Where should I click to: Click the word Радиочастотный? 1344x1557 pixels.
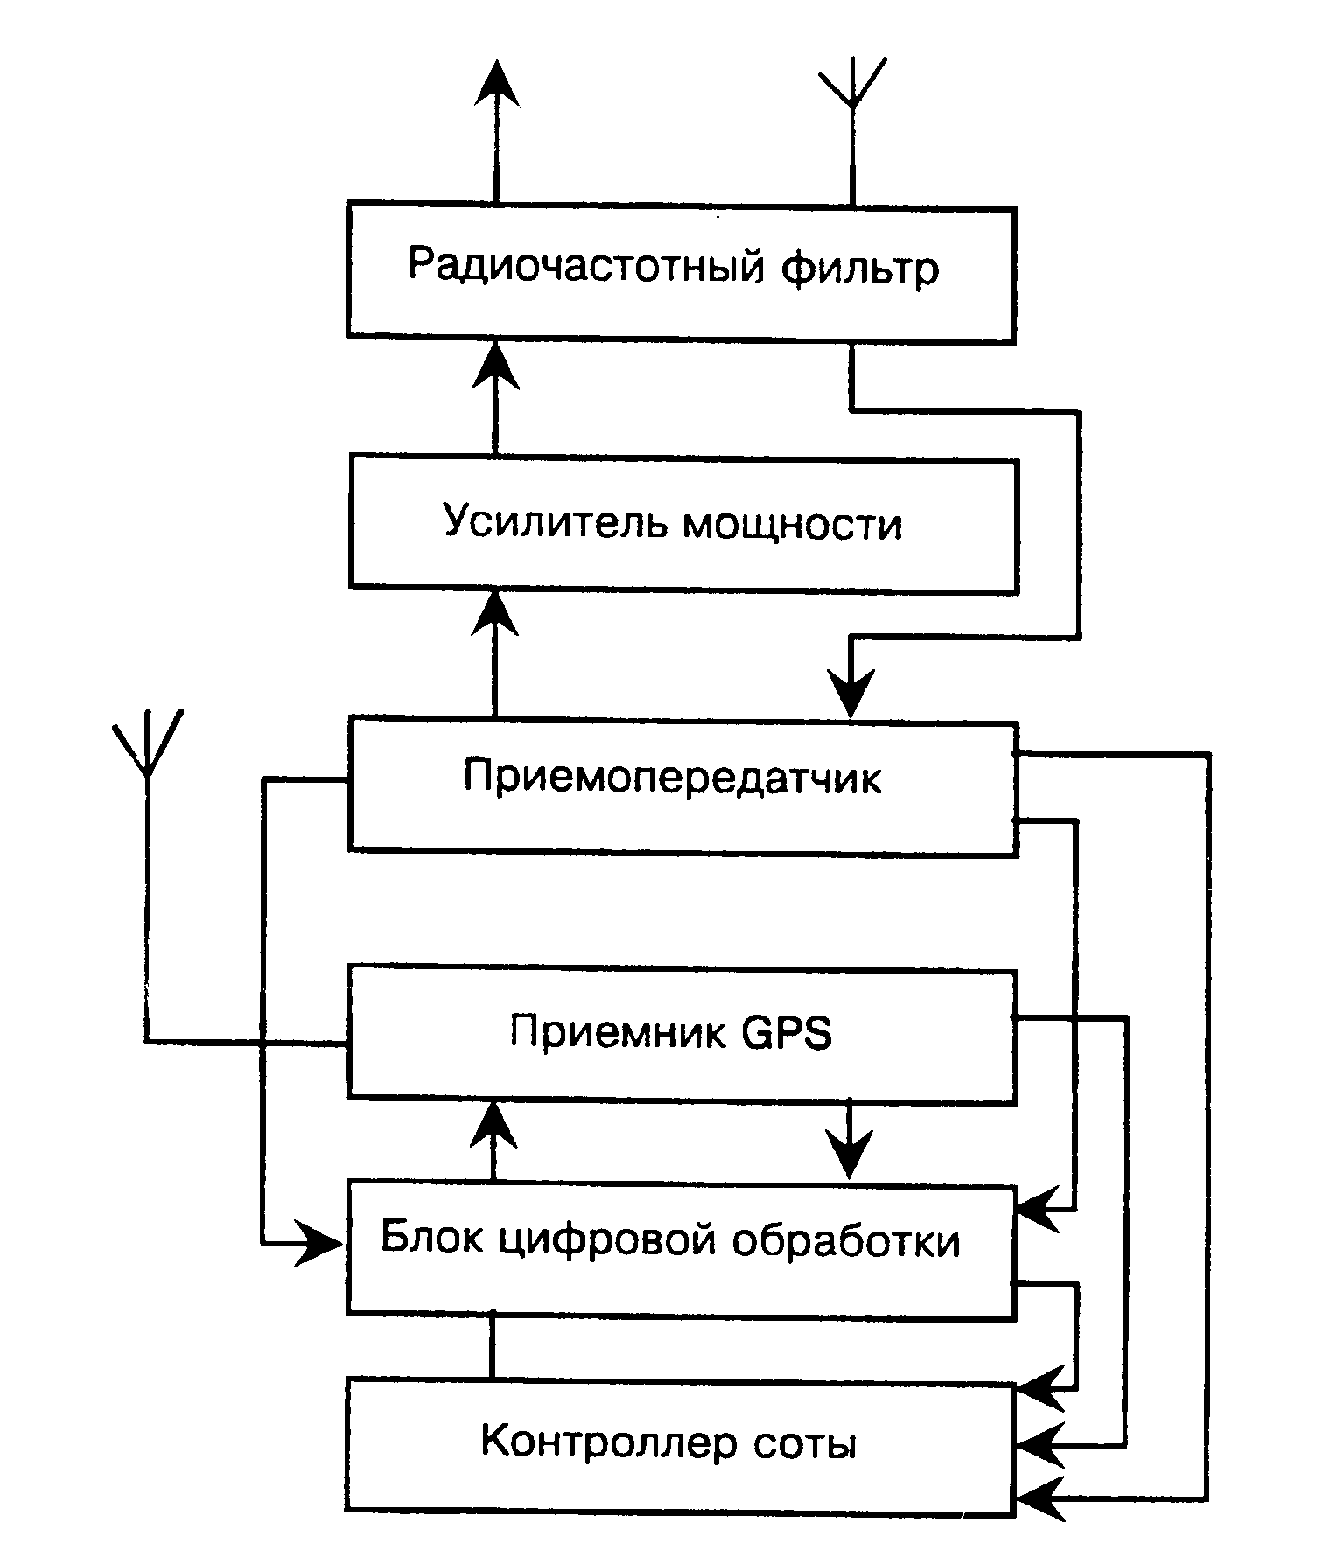coord(587,268)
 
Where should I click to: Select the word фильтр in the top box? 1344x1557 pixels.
coord(859,268)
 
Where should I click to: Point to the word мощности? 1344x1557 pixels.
coord(791,524)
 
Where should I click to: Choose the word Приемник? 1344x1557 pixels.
coord(618,1033)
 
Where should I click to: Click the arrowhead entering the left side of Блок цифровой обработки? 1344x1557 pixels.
coord(317,1242)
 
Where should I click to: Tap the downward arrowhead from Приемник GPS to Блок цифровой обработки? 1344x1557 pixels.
coord(849,1153)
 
